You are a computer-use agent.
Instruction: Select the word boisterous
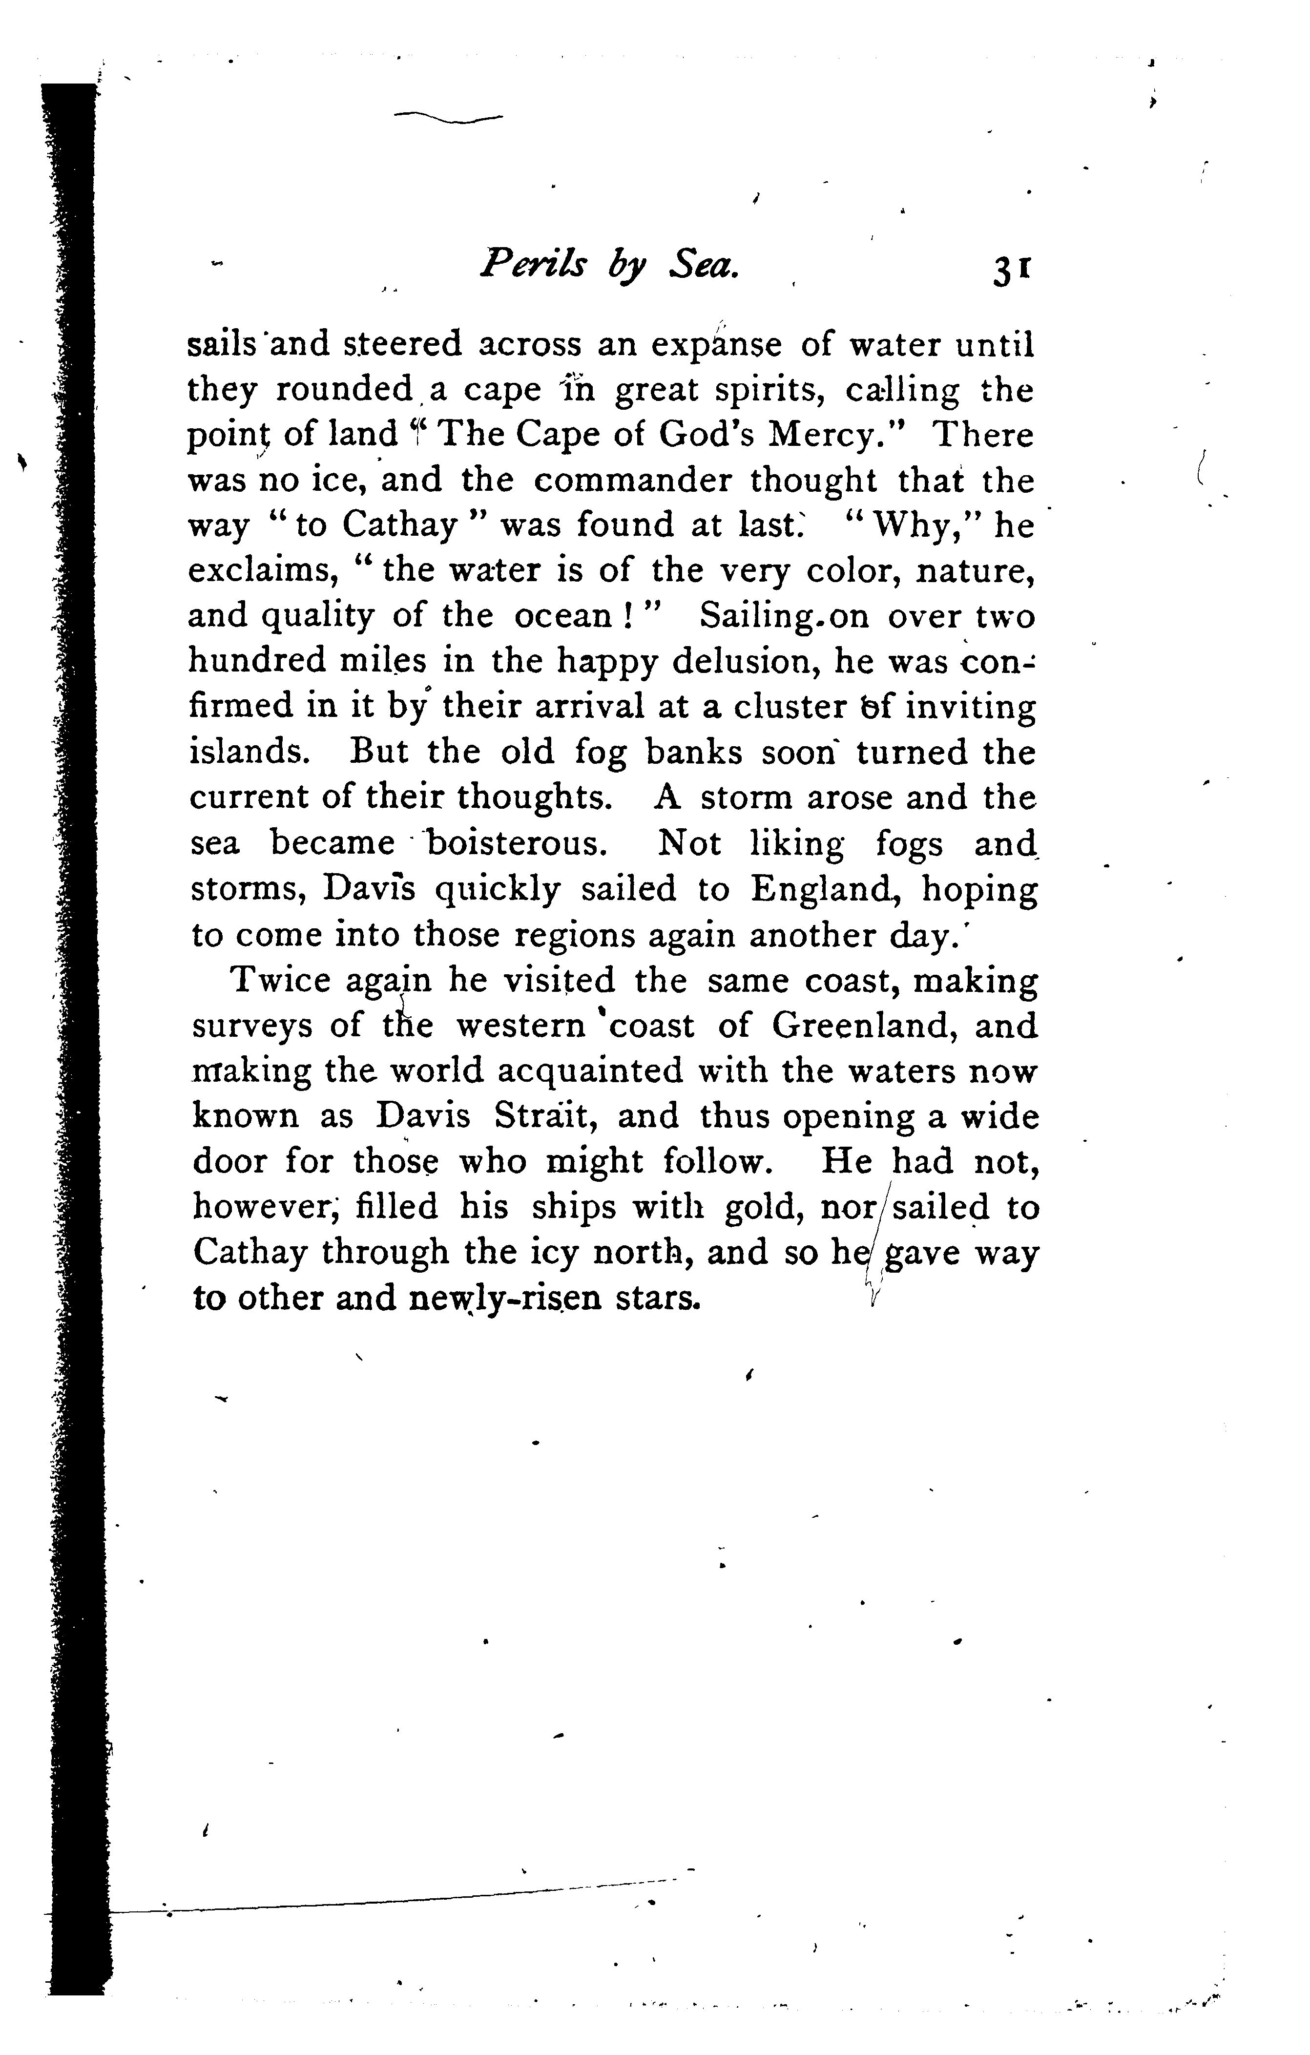coord(517,843)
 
